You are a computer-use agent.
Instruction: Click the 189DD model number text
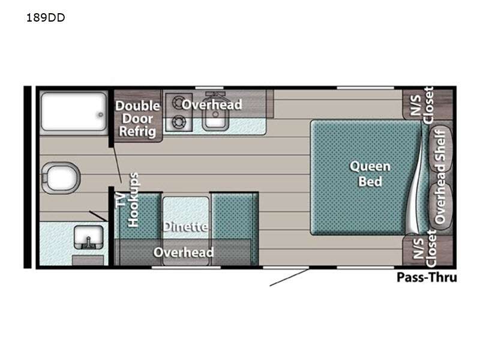(46, 18)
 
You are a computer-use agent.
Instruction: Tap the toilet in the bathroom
(61, 178)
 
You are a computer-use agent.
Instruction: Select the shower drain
(100, 115)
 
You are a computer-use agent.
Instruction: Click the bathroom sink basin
(88, 238)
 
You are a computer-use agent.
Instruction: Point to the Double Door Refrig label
(138, 119)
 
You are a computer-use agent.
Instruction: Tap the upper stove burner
(178, 103)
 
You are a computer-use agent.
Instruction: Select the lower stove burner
(178, 122)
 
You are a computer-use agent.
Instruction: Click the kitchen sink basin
(215, 117)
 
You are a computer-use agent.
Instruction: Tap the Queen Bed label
(370, 174)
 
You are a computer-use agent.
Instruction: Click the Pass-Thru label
(427, 277)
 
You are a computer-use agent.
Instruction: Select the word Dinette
(185, 227)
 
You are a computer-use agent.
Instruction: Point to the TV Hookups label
(128, 200)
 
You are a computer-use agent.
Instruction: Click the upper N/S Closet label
(422, 105)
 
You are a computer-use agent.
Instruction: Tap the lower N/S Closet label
(424, 248)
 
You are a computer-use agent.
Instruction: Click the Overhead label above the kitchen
(212, 104)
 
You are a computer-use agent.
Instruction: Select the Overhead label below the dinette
(184, 253)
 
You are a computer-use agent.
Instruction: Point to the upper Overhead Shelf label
(440, 148)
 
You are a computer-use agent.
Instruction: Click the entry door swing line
(289, 278)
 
